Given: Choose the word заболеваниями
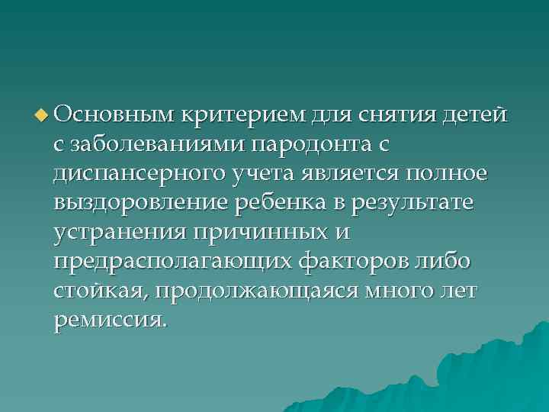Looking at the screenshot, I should [x=158, y=145].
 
